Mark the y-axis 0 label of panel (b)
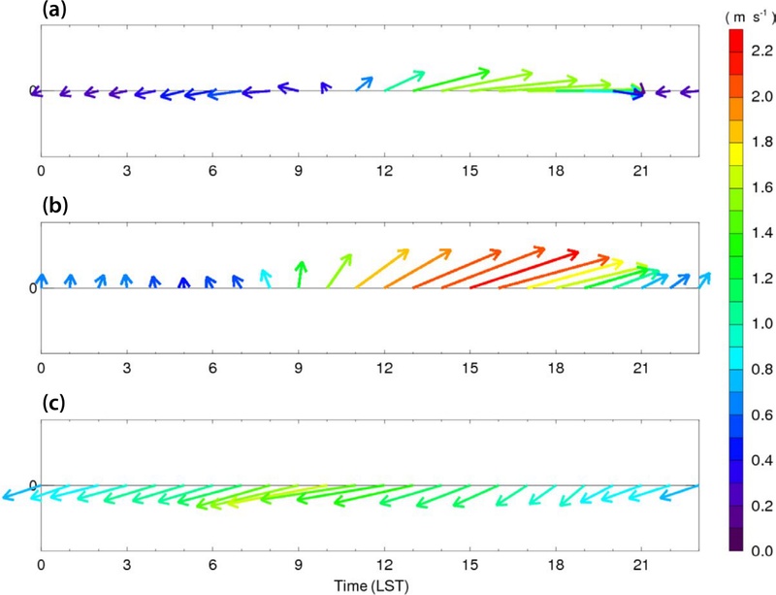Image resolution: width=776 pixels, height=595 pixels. pos(32,288)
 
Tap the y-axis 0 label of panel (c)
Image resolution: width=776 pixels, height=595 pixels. pos(32,485)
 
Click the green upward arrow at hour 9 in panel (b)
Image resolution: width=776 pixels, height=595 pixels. pos(300,274)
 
